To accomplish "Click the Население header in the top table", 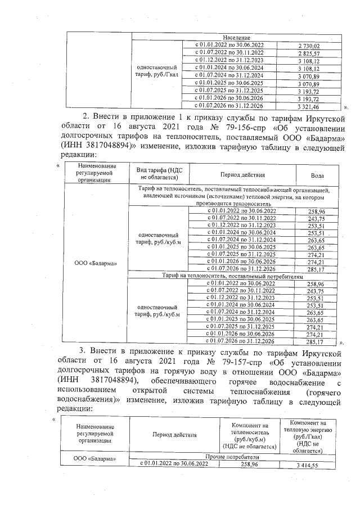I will (236, 37).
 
